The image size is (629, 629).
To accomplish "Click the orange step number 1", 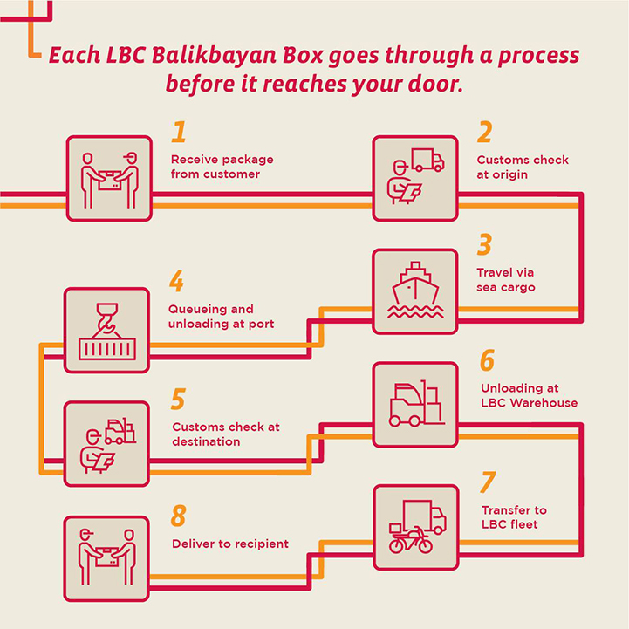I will (x=179, y=132).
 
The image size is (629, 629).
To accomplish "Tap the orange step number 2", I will (x=484, y=132).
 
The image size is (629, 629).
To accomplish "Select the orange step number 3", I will (x=484, y=244).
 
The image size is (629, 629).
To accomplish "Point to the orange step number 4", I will (x=177, y=282).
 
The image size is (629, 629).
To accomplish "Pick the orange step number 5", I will (x=178, y=400).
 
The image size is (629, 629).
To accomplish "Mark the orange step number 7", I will (x=488, y=482).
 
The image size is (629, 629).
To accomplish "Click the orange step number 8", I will (x=179, y=516).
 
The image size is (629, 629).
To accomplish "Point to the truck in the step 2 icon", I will (x=427, y=160).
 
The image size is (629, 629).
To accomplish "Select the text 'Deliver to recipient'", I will (x=229, y=544).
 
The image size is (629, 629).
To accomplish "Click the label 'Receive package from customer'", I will (x=222, y=167).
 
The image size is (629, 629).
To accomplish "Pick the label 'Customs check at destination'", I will (x=226, y=434).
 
